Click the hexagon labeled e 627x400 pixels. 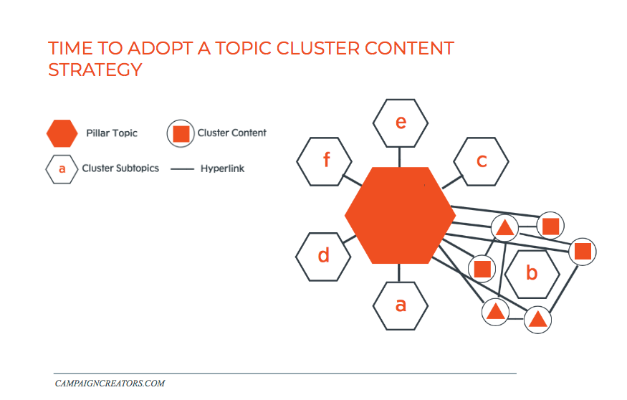tap(401, 123)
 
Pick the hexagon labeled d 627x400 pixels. tap(323, 256)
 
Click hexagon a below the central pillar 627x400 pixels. tap(401, 305)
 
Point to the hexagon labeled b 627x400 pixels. tap(532, 273)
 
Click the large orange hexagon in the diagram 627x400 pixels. tap(400, 215)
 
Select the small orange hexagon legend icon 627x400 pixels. tap(62, 133)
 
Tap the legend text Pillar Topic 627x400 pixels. tap(112, 133)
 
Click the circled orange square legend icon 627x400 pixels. tap(181, 133)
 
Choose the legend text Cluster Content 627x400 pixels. tap(231, 133)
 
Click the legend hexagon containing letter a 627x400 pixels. tap(62, 169)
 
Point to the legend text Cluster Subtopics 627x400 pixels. tap(120, 168)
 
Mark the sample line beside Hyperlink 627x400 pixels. tap(183, 169)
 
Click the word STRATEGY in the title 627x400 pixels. tap(95, 70)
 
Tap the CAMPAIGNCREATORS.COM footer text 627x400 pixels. tap(110, 384)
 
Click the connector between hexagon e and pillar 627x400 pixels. tap(401, 157)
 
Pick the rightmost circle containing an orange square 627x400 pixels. tap(583, 252)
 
